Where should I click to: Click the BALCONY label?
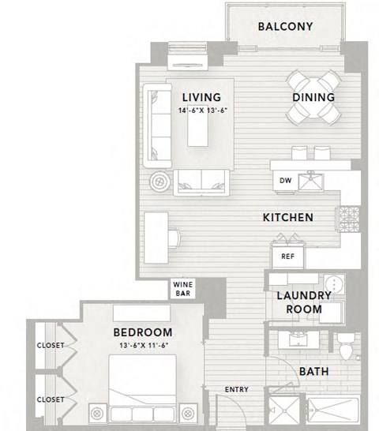286,26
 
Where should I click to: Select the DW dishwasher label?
285,180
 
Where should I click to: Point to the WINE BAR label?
184,289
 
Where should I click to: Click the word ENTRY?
237,389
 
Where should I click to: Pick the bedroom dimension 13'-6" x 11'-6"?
142,346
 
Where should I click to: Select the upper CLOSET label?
50,345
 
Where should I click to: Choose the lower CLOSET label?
50,399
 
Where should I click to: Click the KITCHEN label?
288,217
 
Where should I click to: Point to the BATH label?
313,372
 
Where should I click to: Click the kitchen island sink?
310,182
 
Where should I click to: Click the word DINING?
314,98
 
